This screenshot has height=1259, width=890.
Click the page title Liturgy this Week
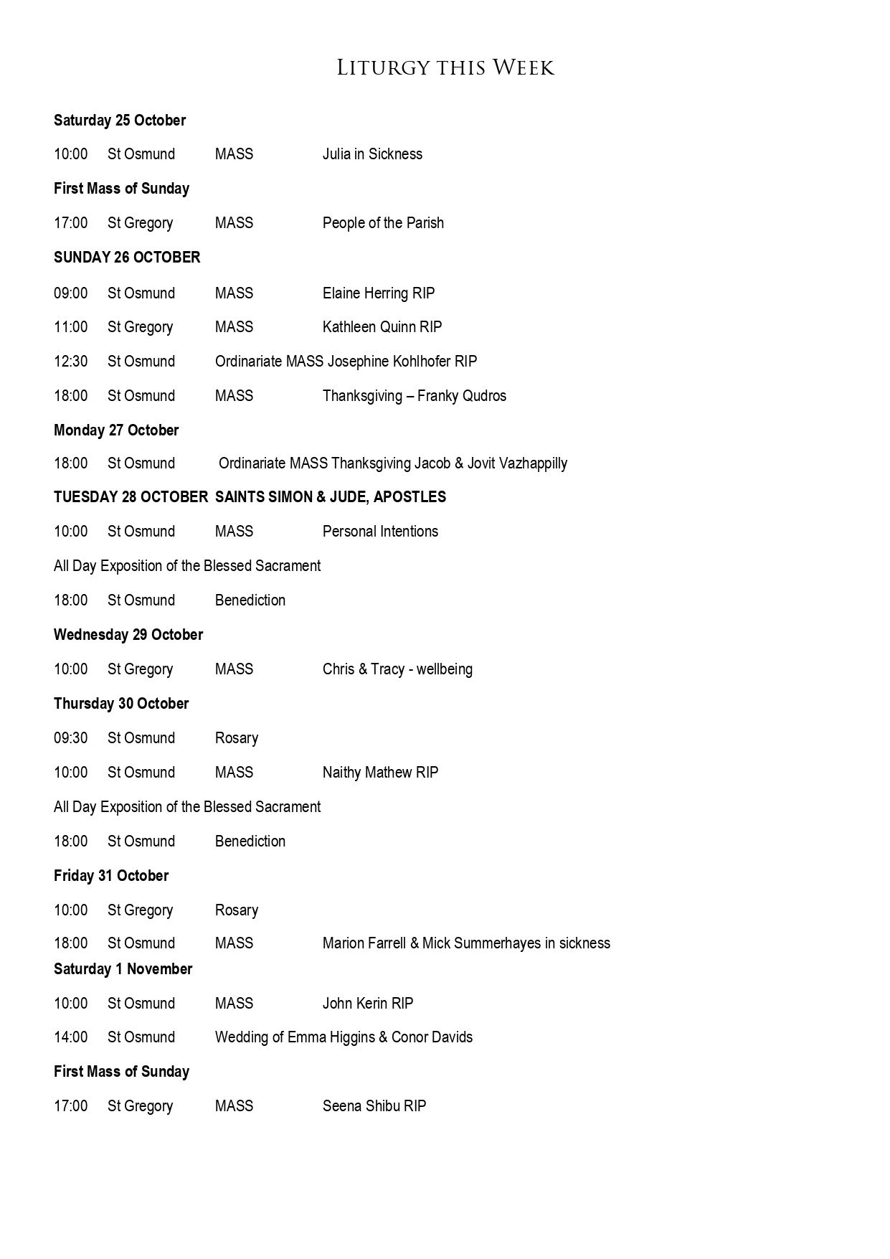(x=445, y=68)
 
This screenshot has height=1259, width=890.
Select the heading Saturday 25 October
(x=120, y=121)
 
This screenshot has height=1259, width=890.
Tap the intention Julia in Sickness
(x=372, y=154)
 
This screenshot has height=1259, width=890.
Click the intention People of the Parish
(x=383, y=223)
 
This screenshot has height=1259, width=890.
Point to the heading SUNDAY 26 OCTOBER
(x=127, y=258)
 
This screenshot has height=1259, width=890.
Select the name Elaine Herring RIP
(x=379, y=293)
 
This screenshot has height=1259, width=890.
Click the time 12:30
(x=70, y=362)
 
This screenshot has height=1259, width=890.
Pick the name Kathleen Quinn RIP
(x=382, y=327)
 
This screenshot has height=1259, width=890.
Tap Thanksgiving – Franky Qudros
(x=415, y=396)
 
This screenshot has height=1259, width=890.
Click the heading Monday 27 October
(x=116, y=430)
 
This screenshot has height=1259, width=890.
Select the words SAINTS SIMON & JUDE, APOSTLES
(x=331, y=497)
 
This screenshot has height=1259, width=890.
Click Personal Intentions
(x=380, y=532)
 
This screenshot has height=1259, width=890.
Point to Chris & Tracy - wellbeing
(x=397, y=669)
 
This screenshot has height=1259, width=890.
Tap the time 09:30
(x=70, y=738)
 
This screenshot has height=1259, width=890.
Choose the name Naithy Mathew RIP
(x=380, y=773)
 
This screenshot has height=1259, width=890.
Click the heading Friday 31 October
(x=111, y=876)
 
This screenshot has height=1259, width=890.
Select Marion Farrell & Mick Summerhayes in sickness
(x=466, y=943)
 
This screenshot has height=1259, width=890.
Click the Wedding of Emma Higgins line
(x=344, y=1037)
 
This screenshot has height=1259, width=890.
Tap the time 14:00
(x=70, y=1037)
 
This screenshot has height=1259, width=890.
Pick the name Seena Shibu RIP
(x=374, y=1106)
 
